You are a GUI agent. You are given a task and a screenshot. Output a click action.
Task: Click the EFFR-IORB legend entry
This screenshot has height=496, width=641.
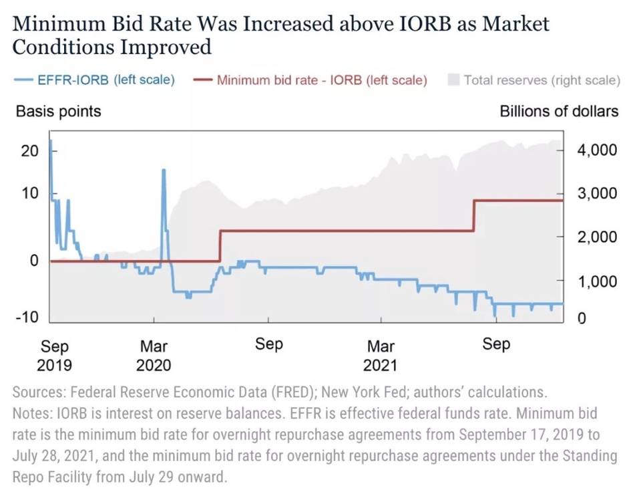pos(94,80)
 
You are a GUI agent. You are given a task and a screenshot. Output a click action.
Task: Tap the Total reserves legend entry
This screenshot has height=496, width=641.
pos(534,80)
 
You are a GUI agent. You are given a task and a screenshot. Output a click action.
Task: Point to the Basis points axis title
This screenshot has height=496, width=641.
pos(58,111)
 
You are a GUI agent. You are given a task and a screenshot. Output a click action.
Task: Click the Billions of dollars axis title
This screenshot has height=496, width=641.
pos(559,111)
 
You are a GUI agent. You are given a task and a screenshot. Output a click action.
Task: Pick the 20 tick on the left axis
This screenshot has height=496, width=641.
pos(29,150)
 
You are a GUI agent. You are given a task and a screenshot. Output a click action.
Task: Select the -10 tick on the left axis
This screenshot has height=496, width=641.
pos(27,317)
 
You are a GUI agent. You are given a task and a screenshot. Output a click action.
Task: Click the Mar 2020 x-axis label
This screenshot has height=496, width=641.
pos(154,356)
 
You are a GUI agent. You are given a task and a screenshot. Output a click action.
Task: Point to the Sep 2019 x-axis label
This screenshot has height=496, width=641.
pos(54,356)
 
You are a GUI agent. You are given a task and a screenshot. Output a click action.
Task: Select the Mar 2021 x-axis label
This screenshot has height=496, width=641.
pos(381,356)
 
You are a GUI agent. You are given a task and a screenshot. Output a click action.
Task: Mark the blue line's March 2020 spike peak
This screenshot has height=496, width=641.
pos(164,170)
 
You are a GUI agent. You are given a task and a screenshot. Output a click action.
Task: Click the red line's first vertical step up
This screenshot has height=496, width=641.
pos(220,245)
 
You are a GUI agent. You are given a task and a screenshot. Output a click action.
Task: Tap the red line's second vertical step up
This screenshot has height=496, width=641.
pos(473,215)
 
